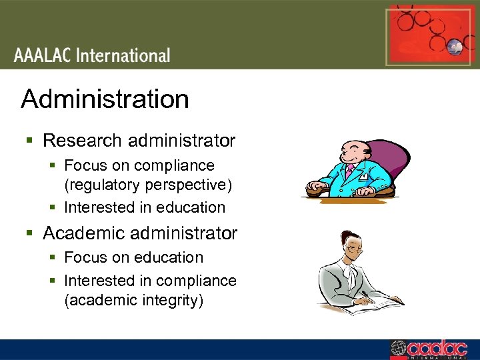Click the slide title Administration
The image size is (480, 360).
tap(105, 99)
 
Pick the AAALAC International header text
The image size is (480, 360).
tap(92, 55)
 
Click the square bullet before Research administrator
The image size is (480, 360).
tap(29, 141)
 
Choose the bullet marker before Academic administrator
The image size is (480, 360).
tap(29, 234)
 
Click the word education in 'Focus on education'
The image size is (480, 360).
tap(170, 257)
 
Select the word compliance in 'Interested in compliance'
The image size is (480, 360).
tap(201, 281)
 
